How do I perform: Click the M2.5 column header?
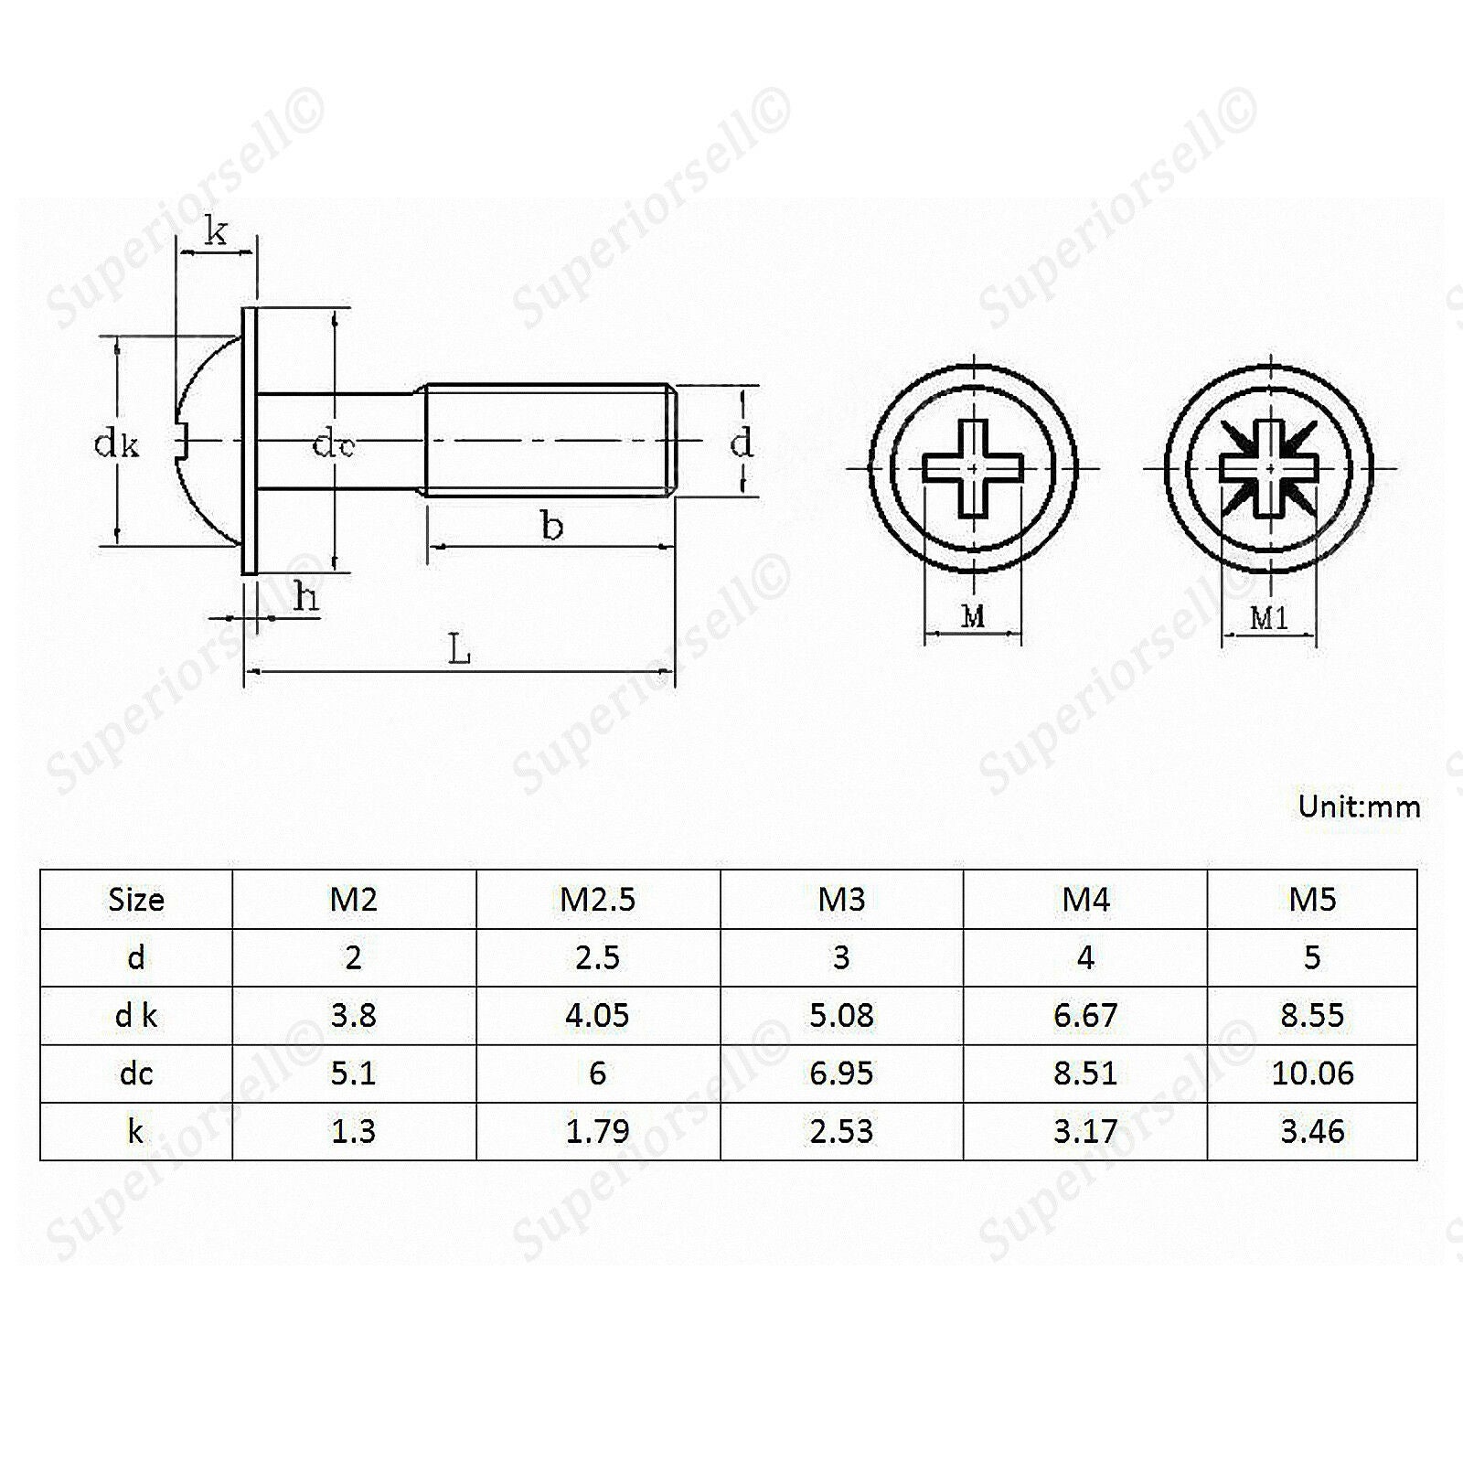(x=597, y=900)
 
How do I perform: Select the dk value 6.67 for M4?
(x=1085, y=1015)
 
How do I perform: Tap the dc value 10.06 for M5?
(x=1312, y=1073)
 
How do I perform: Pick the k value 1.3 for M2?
(x=353, y=1131)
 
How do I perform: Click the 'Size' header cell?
(x=136, y=900)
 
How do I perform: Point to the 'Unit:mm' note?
(x=1360, y=806)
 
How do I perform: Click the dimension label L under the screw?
(x=459, y=650)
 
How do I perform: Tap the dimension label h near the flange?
(x=306, y=598)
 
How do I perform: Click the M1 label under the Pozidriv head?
(x=1269, y=619)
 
